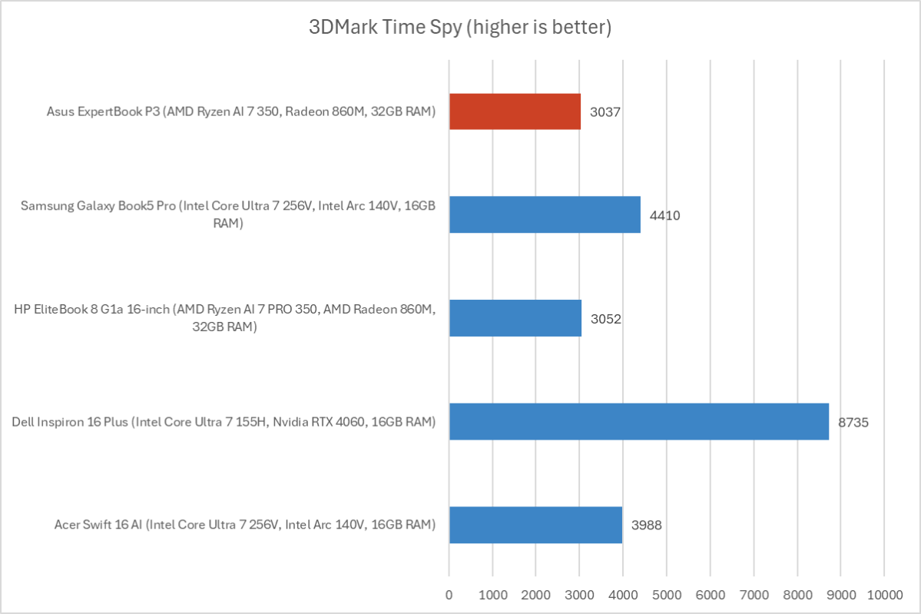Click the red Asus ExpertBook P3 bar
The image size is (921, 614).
coord(515,111)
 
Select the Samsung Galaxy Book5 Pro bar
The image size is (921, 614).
coord(545,214)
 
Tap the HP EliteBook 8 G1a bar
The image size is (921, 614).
coord(515,318)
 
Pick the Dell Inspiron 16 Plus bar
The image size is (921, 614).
coord(639,421)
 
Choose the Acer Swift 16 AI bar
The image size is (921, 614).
coord(535,525)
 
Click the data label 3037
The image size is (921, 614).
coord(605,112)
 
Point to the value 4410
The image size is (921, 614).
coord(664,215)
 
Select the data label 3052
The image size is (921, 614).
coord(605,319)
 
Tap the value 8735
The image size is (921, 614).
coord(853,422)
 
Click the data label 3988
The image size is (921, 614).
coord(646,526)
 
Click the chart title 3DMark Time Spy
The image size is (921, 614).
coord(460,28)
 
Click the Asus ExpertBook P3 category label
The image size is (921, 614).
coord(240,112)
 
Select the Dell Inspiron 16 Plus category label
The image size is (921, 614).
coord(224,422)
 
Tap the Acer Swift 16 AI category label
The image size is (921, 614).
coord(245,526)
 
